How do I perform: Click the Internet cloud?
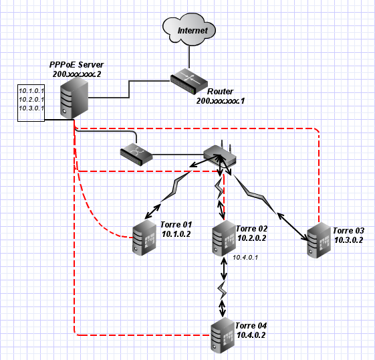pyautogui.click(x=189, y=29)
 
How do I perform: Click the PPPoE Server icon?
pyautogui.click(x=74, y=98)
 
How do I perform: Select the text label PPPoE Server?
pyautogui.click(x=76, y=65)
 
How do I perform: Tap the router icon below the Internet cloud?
pyautogui.click(x=189, y=81)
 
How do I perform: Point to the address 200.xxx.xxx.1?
pyautogui.click(x=221, y=101)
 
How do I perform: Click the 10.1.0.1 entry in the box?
pyautogui.click(x=31, y=91)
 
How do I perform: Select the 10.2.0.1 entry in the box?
pyautogui.click(x=31, y=100)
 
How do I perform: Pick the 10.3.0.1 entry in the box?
pyautogui.click(x=31, y=108)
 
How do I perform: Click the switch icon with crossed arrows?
pyautogui.click(x=136, y=155)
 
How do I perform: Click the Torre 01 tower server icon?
pyautogui.click(x=144, y=238)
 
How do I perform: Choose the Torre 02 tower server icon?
pyautogui.click(x=224, y=238)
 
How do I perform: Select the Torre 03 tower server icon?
pyautogui.click(x=319, y=240)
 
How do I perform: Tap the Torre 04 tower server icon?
pyautogui.click(x=222, y=335)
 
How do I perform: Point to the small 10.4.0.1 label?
pyautogui.click(x=245, y=258)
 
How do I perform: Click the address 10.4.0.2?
pyautogui.click(x=251, y=335)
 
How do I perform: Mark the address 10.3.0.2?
pyautogui.click(x=348, y=240)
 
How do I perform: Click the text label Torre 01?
pyautogui.click(x=176, y=225)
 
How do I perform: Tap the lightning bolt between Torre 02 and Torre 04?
pyautogui.click(x=222, y=290)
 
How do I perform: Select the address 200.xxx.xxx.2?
pyautogui.click(x=77, y=74)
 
